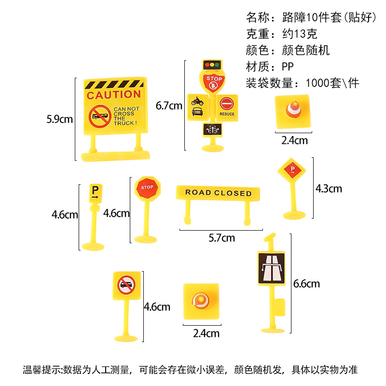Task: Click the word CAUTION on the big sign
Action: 114,94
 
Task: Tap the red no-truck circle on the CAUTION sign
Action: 100,117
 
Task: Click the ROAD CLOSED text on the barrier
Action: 218,193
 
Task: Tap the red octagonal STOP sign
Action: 147,187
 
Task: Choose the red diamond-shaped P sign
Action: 292,170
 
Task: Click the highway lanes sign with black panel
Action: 271,268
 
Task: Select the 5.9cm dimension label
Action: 59,119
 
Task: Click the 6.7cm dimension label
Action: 169,105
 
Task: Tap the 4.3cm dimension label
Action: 328,188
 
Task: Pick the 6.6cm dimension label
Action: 306,284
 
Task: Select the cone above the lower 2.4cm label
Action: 200,301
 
